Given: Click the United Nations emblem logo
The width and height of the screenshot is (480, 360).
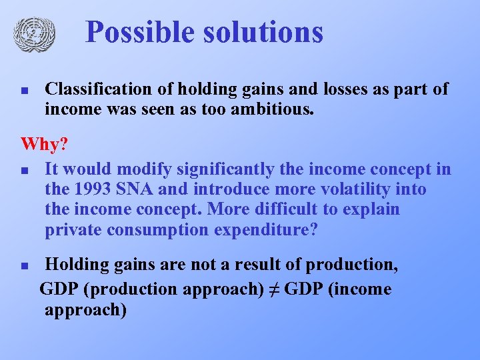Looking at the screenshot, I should tap(33, 33).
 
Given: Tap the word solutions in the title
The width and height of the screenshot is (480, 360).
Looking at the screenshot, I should tap(266, 32).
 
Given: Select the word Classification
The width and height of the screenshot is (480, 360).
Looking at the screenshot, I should tap(96, 89).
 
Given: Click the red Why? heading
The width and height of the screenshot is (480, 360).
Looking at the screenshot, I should tap(45, 144).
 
